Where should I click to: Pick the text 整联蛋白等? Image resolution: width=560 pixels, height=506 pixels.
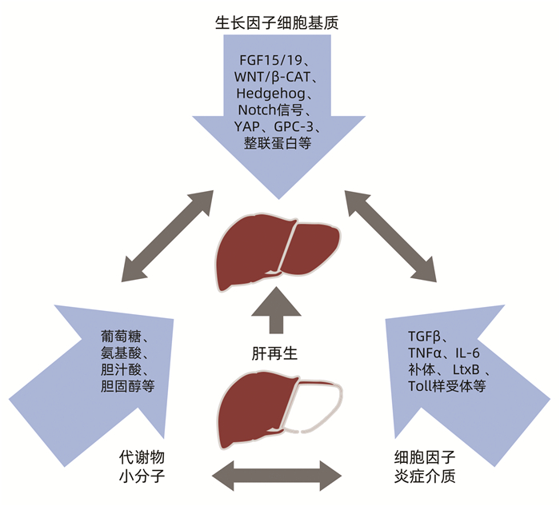click(277, 144)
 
